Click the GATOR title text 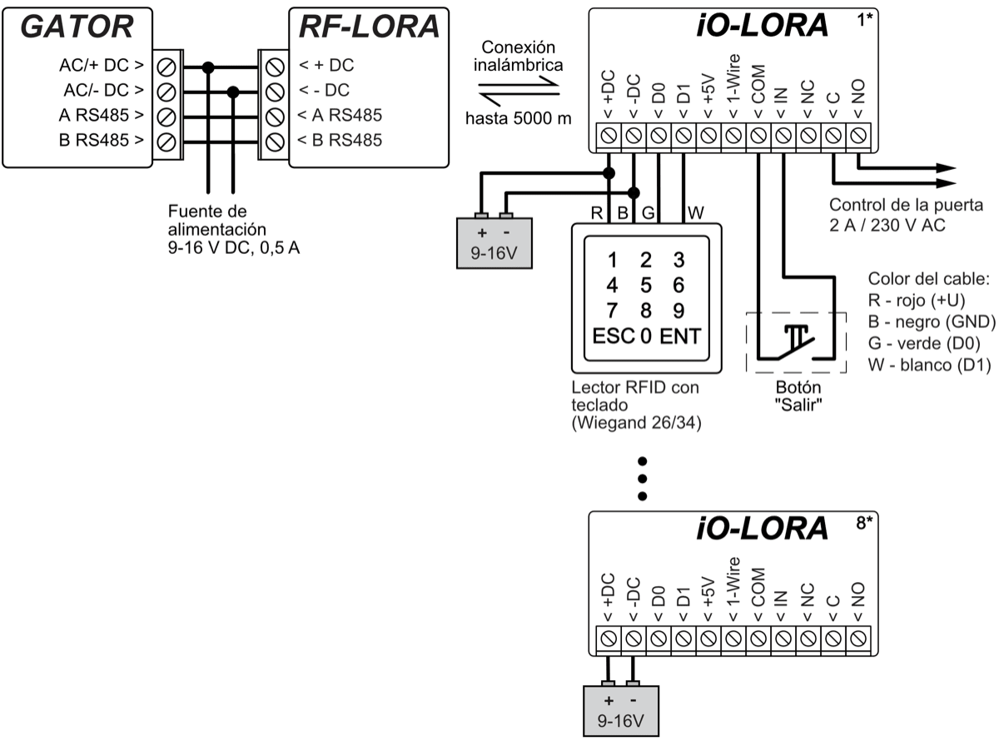coord(76,27)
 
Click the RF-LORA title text coord(369,27)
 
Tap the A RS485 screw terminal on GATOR coord(165,116)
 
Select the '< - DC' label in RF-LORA coord(326,90)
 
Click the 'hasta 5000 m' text coord(519,118)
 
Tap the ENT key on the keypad coord(681,337)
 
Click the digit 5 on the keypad coord(645,285)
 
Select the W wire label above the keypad coord(696,213)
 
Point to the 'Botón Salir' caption coord(798,395)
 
